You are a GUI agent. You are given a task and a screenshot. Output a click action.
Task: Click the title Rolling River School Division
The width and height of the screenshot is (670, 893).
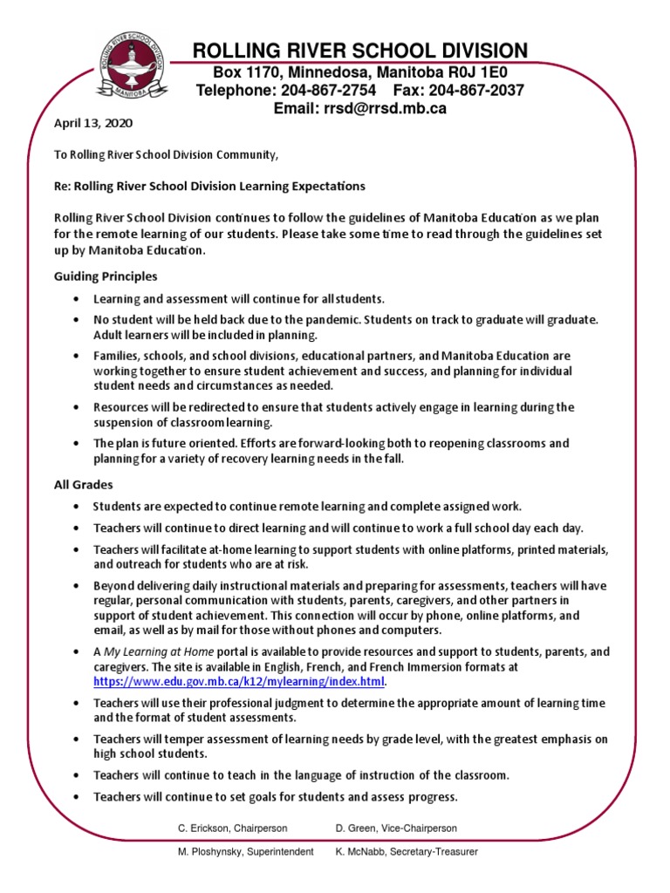click(359, 50)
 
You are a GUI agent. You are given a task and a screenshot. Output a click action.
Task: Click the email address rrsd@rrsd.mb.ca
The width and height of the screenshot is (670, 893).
click(385, 108)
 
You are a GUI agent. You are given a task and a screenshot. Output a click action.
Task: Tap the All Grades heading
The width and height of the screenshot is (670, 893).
click(83, 484)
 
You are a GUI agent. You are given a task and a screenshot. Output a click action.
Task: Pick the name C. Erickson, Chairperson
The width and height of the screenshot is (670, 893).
click(233, 828)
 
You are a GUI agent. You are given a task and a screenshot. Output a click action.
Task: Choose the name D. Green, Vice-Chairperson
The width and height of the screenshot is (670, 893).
click(396, 828)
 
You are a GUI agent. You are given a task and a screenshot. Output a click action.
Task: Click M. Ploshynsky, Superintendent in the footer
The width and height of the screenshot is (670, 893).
click(246, 851)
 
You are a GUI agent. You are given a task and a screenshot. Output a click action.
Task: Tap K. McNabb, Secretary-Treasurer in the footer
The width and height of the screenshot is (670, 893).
click(407, 851)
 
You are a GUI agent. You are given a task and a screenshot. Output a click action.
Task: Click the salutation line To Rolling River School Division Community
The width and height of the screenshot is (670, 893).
click(166, 155)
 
